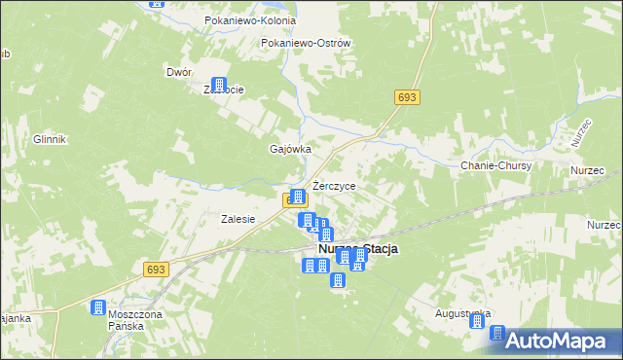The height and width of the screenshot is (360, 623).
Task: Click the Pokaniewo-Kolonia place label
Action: click(x=241, y=20)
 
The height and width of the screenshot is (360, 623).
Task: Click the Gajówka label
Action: click(x=289, y=149)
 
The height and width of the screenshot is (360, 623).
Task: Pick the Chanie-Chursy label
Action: click(x=495, y=166)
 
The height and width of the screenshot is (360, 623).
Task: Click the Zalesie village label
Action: click(x=238, y=219)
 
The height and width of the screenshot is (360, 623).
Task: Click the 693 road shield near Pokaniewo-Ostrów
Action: click(x=407, y=97)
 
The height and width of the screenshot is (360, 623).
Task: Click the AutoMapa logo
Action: click(x=555, y=341)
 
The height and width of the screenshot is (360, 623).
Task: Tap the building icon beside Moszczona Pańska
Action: click(x=98, y=308)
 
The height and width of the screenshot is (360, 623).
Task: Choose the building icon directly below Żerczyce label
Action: click(x=299, y=198)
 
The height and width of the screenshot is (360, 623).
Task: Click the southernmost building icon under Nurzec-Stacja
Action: click(x=338, y=281)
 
